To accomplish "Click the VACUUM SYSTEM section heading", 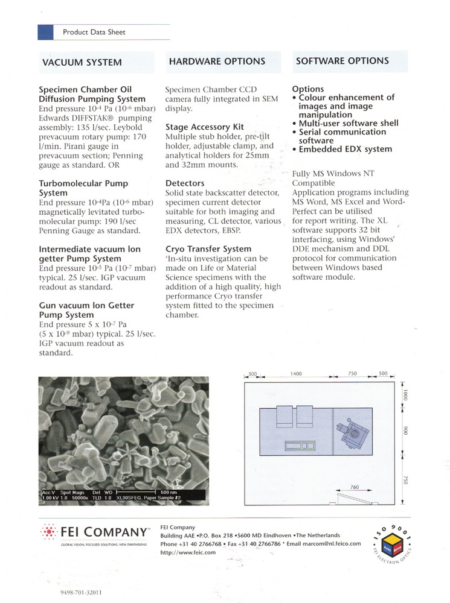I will [x=82, y=62].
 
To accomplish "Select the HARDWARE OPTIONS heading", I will [x=217, y=62].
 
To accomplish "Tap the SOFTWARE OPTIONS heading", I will [x=342, y=61].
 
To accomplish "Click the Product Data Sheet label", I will [x=94, y=32].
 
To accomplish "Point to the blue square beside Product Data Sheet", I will [x=46, y=32].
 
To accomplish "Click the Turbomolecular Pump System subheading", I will [x=83, y=188].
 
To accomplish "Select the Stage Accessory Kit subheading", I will [x=204, y=127].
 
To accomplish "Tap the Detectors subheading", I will [x=185, y=183].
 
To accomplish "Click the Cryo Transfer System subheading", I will [x=208, y=249].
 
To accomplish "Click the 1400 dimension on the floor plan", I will [x=295, y=374].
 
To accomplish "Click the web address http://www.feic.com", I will [x=188, y=552].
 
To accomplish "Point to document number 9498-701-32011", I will [x=81, y=593].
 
